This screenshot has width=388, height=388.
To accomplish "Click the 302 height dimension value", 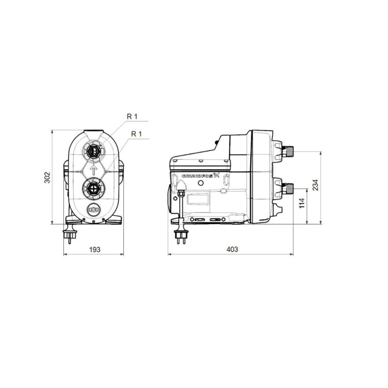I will (47, 178).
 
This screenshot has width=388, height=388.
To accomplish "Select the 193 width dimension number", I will (95, 249).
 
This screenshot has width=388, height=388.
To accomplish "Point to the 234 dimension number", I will (316, 185).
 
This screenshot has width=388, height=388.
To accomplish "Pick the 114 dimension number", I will (302, 203).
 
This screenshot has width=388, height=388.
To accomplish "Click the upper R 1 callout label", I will (132, 117).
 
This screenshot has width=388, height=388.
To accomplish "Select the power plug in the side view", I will (179, 236).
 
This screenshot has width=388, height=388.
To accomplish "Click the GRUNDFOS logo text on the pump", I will (200, 176).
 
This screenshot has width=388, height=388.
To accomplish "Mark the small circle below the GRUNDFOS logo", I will (201, 184).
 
